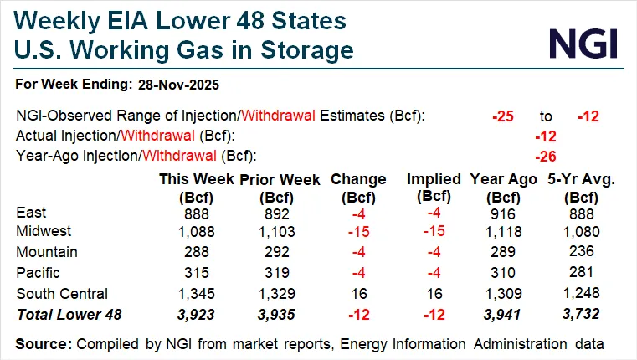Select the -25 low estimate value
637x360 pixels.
click(x=502, y=116)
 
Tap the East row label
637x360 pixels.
click(x=31, y=213)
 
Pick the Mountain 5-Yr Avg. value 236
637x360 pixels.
click(x=578, y=252)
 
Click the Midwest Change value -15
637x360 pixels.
click(x=358, y=230)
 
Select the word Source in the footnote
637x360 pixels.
click(x=41, y=342)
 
